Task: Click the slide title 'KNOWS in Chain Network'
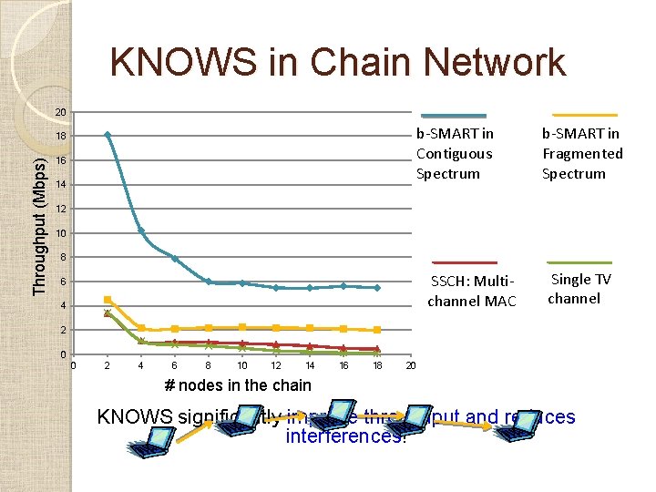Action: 338,63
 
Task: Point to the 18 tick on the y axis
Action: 60,137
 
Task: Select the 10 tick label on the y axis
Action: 60,234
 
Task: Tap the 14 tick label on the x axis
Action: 310,365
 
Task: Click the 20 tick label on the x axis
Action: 411,365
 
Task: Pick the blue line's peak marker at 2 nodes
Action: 108,135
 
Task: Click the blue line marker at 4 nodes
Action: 141,231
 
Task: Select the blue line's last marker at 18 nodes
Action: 377,287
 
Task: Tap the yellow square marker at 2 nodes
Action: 108,300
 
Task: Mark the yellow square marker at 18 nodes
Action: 377,330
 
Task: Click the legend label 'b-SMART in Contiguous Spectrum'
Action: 455,154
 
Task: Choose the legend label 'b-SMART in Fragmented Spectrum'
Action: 582,154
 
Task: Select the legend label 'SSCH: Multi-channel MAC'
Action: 472,290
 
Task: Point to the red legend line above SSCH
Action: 465,262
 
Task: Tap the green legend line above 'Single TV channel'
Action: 579,262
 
